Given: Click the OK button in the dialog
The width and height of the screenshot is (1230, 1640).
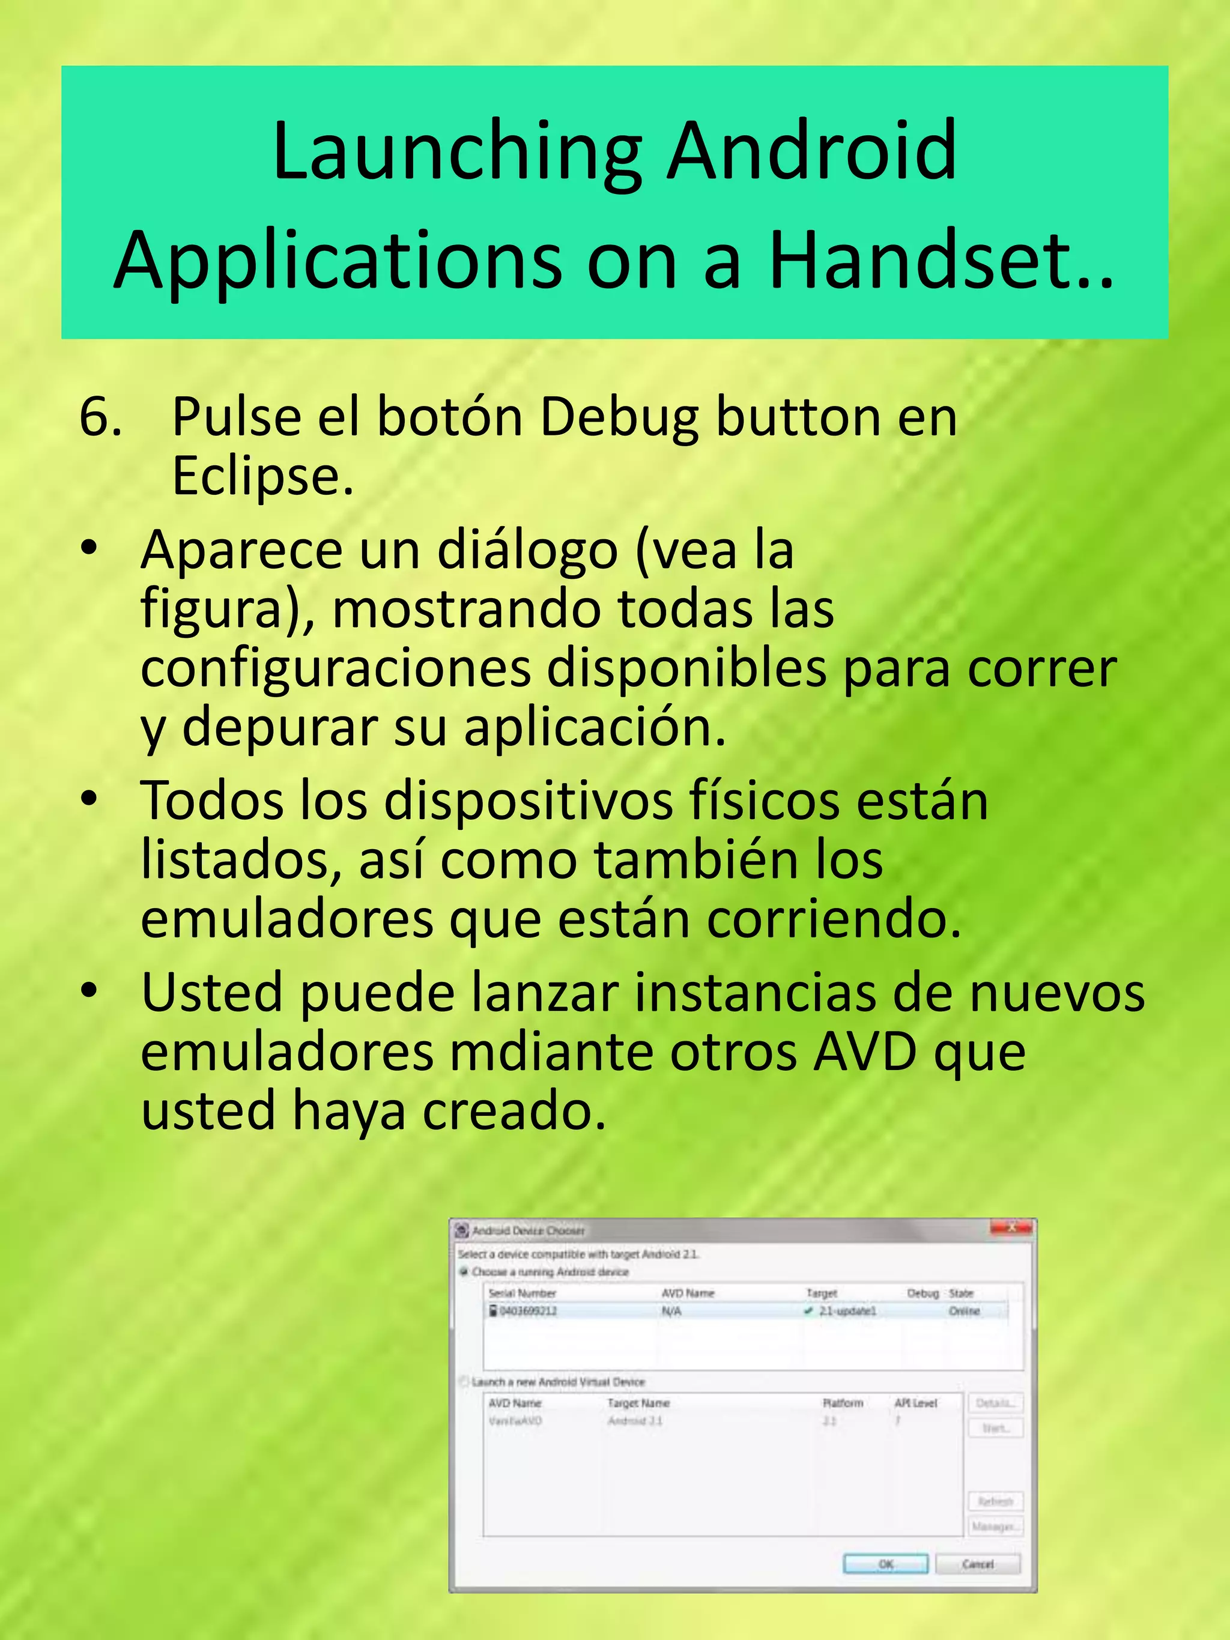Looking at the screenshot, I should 885,1564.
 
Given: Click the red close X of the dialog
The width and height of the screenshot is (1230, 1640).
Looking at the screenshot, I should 1011,1228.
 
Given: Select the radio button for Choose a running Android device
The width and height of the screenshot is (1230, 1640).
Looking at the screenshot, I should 464,1271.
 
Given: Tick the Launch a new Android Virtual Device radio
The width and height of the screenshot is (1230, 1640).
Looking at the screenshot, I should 464,1381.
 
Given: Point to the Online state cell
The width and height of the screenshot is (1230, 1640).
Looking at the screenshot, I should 964,1311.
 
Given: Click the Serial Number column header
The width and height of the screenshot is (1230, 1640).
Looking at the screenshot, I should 522,1293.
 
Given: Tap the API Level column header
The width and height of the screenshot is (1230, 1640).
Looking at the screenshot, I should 916,1403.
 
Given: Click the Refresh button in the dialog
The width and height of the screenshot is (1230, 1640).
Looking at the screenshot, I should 995,1501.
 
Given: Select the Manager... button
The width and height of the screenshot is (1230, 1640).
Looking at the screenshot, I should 995,1527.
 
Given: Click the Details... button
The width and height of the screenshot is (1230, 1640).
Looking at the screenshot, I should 995,1403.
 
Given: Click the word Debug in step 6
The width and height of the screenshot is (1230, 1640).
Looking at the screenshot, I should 619,417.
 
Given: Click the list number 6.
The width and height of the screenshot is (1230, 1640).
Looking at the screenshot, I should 100,417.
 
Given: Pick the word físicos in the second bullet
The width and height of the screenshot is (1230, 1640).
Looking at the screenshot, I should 764,802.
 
